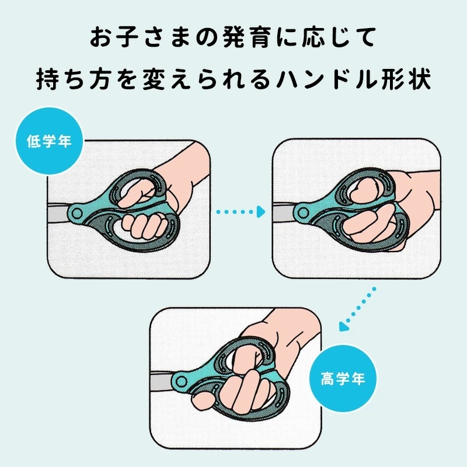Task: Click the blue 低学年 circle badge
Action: pyautogui.click(x=49, y=141)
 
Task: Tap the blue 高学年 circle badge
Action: pyautogui.click(x=343, y=379)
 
